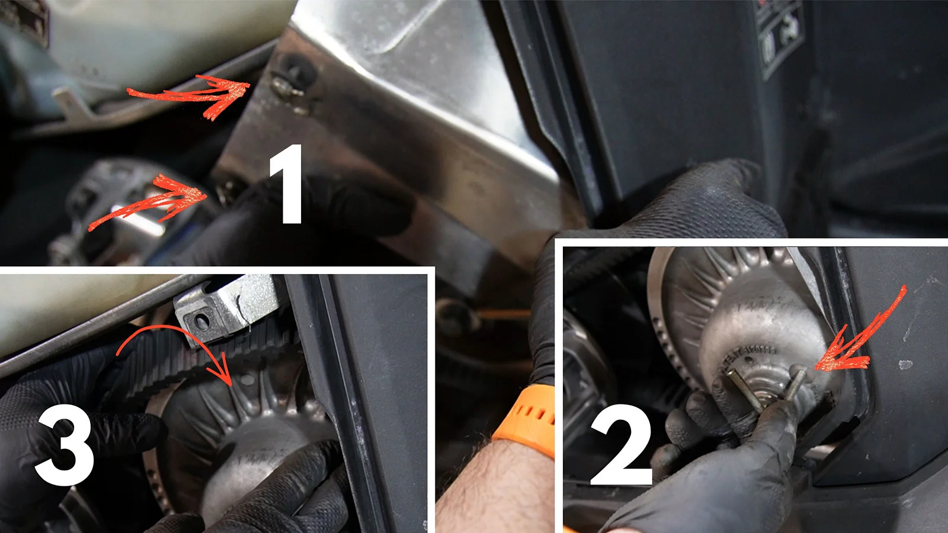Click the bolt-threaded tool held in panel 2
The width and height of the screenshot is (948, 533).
764,391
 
